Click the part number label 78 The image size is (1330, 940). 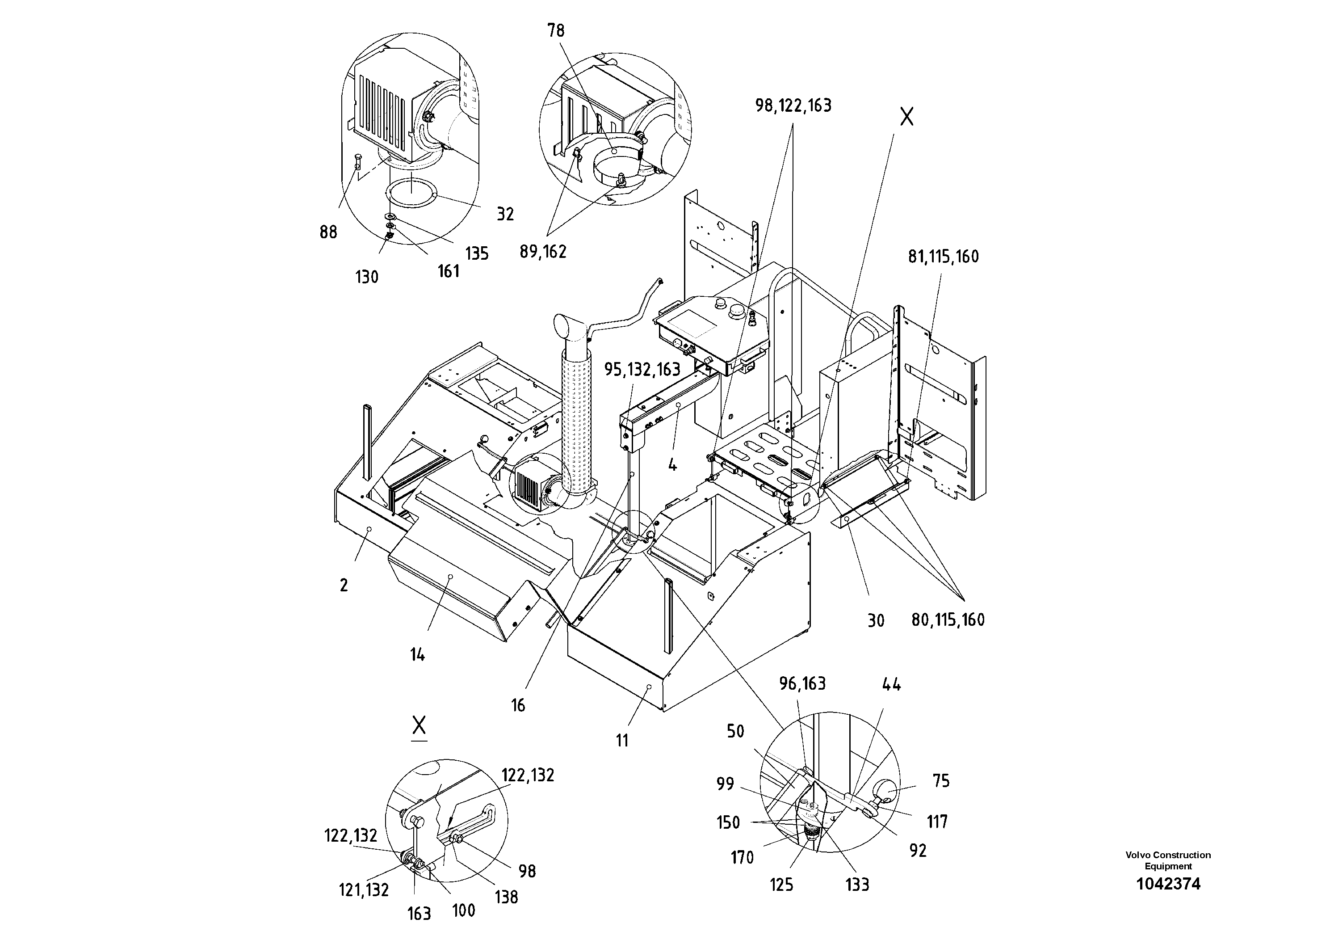555,31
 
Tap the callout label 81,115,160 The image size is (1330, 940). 943,257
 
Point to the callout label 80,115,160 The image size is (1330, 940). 948,620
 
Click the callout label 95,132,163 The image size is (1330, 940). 642,370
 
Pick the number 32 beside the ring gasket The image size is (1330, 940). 505,215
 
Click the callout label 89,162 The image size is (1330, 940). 542,252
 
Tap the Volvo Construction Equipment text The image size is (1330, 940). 1168,860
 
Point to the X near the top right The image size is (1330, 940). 906,117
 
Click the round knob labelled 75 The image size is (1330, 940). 887,790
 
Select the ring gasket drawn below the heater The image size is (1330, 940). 412,193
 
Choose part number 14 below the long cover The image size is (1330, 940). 417,655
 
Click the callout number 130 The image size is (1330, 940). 367,277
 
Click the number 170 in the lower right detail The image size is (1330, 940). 742,858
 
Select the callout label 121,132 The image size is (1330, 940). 363,889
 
